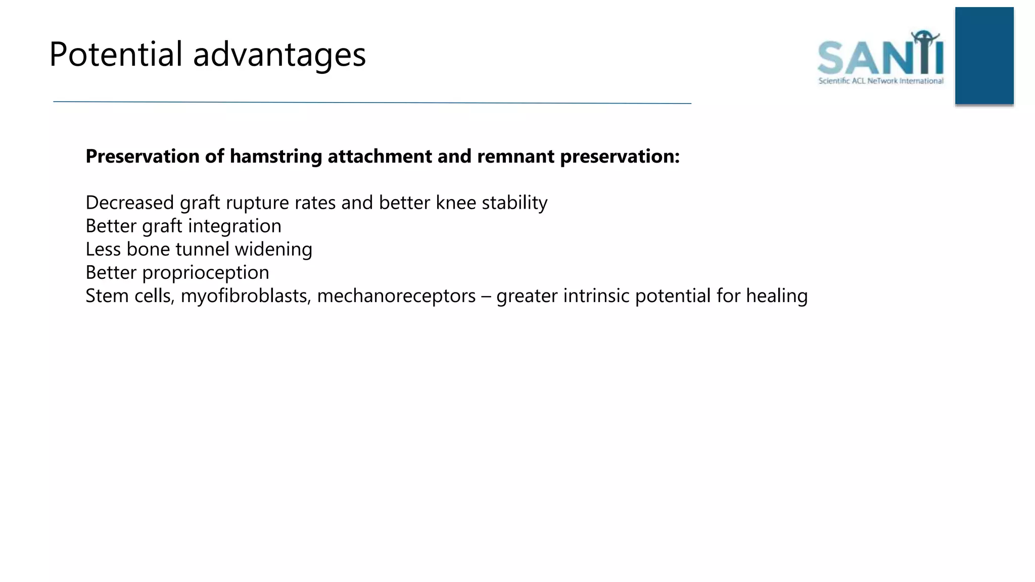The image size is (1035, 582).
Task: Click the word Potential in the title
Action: coord(116,54)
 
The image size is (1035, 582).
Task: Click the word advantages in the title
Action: coord(279,55)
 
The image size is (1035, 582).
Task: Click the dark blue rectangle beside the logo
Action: coord(984,56)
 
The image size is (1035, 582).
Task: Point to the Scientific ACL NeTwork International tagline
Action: coord(880,81)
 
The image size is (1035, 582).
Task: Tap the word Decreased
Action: coord(130,203)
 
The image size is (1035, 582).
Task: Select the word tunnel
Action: coord(202,249)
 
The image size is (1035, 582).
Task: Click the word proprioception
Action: coord(206,273)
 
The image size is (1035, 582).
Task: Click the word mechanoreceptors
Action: coord(396,296)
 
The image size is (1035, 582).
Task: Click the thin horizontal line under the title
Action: coord(372,103)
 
